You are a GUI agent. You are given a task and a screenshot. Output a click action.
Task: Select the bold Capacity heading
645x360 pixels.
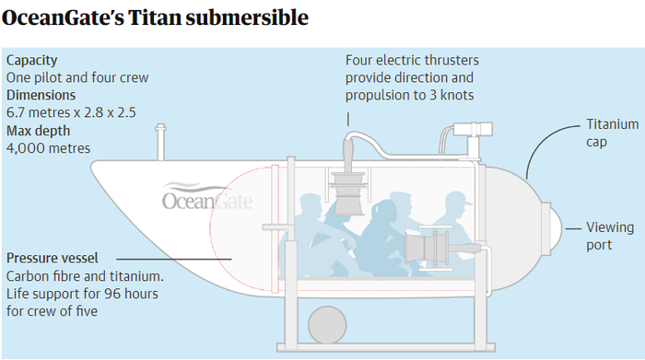point(31,61)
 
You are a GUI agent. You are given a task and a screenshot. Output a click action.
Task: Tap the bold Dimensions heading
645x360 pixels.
point(41,95)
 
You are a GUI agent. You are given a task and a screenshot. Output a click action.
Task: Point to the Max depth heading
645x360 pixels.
point(39,131)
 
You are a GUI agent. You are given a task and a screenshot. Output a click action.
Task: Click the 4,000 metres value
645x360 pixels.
point(48,148)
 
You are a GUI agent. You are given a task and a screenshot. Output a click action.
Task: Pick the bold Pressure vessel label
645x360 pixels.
point(53,258)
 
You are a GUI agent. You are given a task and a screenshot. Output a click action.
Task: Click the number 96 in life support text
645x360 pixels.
point(111,294)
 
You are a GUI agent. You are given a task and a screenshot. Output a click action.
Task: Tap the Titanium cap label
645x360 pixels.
point(613,133)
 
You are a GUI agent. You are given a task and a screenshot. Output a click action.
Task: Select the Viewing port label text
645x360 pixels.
point(610,236)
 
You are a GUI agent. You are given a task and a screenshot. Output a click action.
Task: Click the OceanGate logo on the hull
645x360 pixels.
point(207,196)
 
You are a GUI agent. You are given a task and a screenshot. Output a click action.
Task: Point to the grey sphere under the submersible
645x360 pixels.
point(327,325)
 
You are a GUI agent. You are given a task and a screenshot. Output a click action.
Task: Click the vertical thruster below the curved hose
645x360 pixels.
point(348,193)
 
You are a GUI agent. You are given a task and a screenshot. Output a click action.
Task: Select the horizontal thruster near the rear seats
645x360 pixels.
point(427,248)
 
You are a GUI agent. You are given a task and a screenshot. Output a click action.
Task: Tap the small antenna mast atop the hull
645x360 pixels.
point(161,142)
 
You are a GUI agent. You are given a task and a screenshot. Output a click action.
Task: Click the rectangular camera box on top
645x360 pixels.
point(473,130)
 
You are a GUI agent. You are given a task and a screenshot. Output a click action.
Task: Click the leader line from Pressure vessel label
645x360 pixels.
point(174,259)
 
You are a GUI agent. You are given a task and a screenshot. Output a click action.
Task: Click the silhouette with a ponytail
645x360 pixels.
point(381,238)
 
